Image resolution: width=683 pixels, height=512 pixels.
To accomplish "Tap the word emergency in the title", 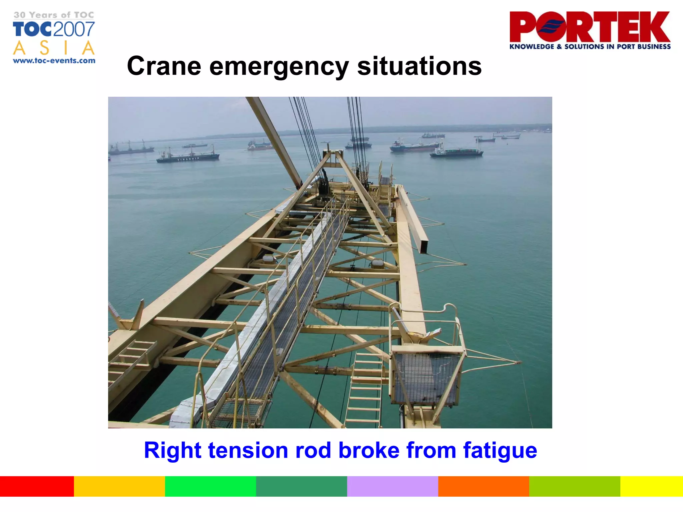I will pos(279,67).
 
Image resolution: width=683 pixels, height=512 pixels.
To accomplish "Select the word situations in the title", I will pos(419,66).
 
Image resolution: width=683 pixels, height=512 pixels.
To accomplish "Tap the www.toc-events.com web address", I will pos(54,61).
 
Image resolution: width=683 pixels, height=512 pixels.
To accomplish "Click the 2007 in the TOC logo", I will pos(74,29).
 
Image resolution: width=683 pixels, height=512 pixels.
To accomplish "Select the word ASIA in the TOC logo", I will pos(54,48).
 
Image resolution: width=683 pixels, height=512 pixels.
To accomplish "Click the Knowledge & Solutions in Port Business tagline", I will pos(590,47).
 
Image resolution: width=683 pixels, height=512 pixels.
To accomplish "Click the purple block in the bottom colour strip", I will pos(392,486).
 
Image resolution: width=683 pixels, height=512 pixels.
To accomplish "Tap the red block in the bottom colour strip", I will pos(37,486).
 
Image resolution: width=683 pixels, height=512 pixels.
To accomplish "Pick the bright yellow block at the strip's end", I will pos(651,486).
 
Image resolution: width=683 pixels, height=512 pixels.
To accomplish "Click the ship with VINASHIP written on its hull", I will pos(188,157).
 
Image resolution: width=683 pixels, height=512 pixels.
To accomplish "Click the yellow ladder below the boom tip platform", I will pos(365,390).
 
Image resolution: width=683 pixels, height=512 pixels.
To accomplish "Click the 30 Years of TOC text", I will pos(54,15).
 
